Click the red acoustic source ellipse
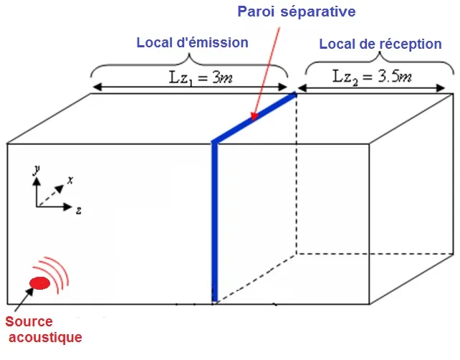tap(40, 283)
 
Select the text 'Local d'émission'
tap(192, 42)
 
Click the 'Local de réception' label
tap(380, 44)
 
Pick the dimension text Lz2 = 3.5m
tap(372, 75)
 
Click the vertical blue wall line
tap(213, 222)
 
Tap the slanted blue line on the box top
tap(254, 118)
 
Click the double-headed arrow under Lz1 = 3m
tap(190, 88)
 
